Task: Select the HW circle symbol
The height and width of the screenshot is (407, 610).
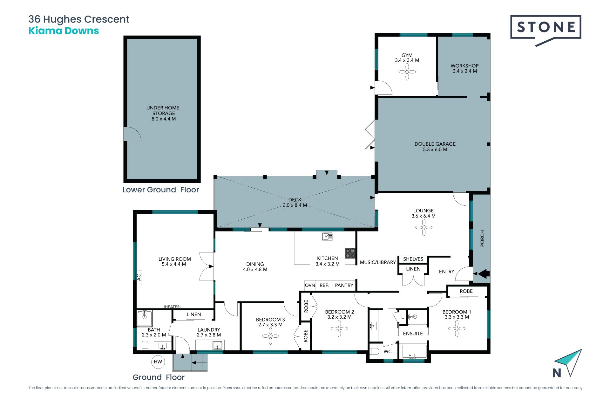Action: (x=158, y=362)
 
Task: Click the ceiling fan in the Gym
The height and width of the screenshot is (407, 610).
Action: (x=407, y=72)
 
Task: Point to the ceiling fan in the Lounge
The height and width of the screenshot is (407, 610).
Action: (x=424, y=227)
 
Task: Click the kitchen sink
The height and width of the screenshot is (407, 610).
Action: (x=328, y=236)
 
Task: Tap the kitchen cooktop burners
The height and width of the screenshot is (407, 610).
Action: (x=350, y=253)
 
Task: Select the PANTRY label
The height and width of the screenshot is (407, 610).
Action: (x=344, y=285)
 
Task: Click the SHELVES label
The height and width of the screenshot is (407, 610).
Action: (x=413, y=259)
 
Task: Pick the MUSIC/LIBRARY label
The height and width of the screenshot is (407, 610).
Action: (x=378, y=262)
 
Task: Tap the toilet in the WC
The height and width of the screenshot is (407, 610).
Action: (x=375, y=351)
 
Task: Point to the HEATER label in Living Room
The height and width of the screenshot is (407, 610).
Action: (x=172, y=307)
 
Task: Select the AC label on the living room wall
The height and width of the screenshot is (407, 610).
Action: (x=139, y=278)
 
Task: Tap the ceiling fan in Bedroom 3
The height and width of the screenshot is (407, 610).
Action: (x=270, y=336)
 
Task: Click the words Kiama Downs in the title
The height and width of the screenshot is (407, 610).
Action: (x=64, y=31)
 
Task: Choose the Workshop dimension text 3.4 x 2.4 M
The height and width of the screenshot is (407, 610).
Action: (x=465, y=71)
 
